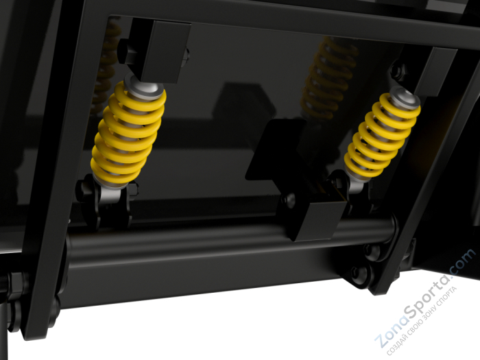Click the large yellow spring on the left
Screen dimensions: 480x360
click(x=128, y=133)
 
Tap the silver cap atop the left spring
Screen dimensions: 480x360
click(x=144, y=87)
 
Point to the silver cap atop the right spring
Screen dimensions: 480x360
click(x=406, y=97)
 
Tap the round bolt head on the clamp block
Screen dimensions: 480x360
click(x=289, y=200)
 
